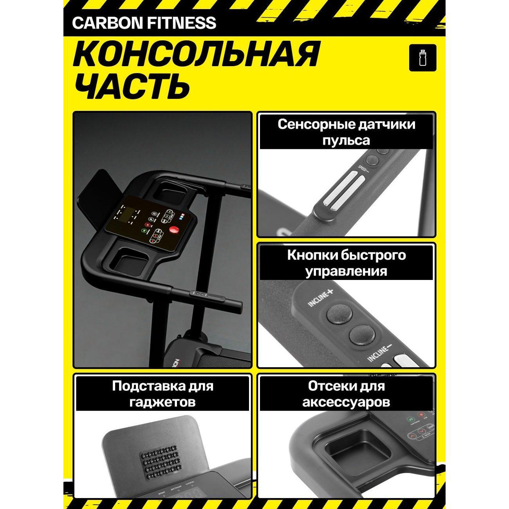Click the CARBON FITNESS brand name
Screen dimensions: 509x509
point(144,23)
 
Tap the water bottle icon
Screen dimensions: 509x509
point(422,58)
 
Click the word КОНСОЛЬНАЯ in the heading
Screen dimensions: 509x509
point(196,55)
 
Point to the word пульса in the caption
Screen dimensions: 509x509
point(346,140)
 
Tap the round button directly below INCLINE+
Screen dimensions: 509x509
point(338,314)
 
